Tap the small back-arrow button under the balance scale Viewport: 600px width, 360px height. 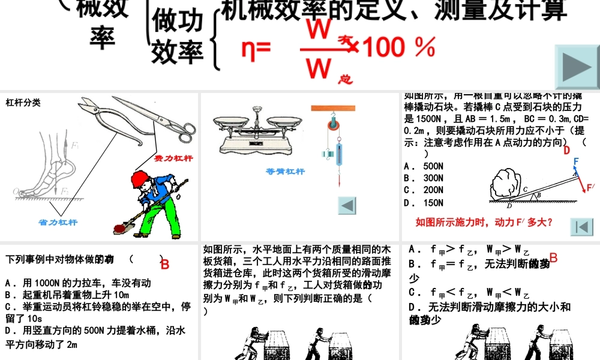(x=347, y=205)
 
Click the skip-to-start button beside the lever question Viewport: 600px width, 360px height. (x=581, y=227)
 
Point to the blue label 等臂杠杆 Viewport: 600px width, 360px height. (x=285, y=172)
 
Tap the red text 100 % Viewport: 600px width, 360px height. (x=400, y=47)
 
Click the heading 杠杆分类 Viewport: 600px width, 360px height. (x=23, y=103)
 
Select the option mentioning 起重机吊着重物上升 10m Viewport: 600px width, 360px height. (x=67, y=295)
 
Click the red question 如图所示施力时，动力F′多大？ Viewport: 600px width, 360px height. (x=484, y=223)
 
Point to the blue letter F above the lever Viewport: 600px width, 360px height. (x=576, y=161)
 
